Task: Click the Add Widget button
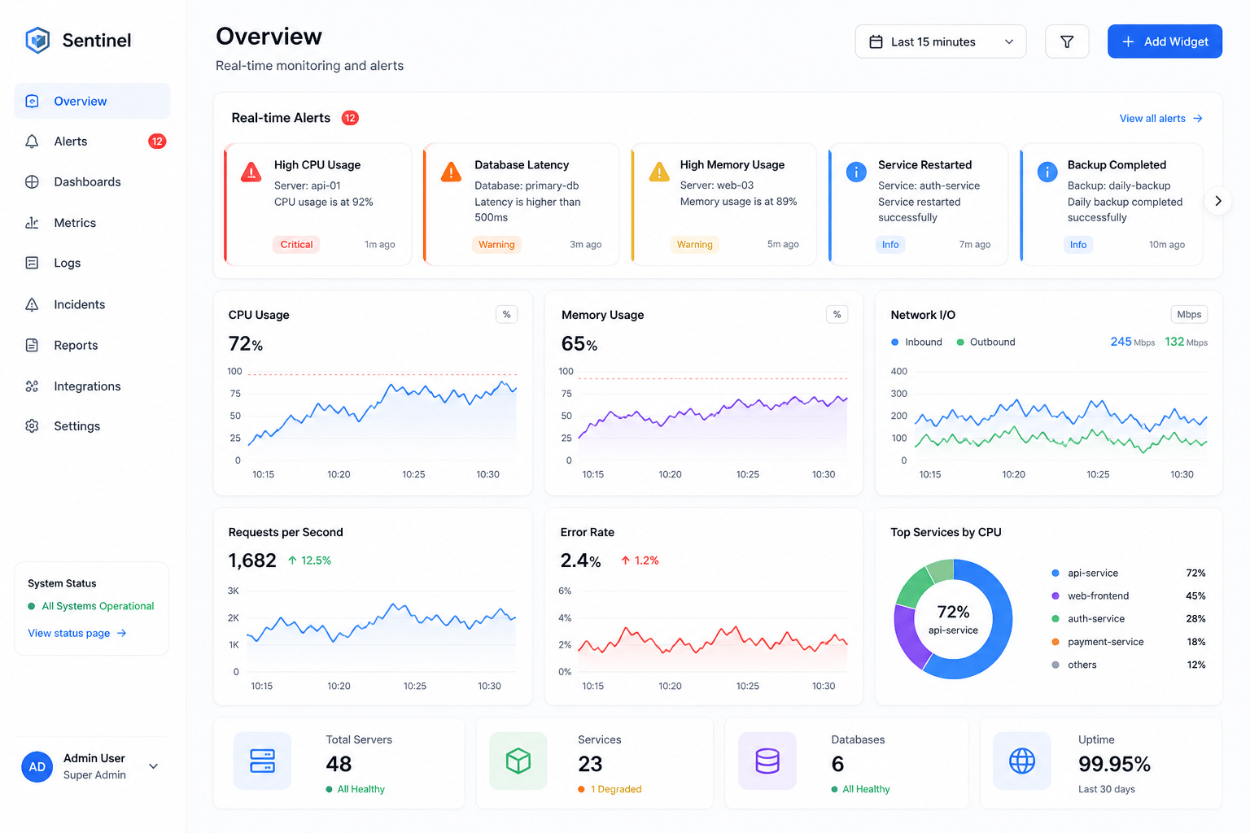[x=1165, y=41]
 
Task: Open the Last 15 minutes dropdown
[x=940, y=41]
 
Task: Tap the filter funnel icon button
[x=1067, y=41]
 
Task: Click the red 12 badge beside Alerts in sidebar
[x=157, y=142]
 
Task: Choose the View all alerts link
[x=1160, y=118]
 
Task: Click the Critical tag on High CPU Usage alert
[x=296, y=244]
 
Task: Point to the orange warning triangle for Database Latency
[x=451, y=172]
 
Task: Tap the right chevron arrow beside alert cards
[x=1218, y=201]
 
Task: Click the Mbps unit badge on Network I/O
[x=1189, y=314]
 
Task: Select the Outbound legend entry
[x=986, y=342]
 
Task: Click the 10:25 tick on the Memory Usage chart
[x=747, y=474]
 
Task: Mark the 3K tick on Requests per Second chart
[x=234, y=591]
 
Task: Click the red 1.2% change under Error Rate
[x=640, y=560]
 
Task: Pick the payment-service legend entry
[x=1097, y=642]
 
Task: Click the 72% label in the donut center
[x=953, y=612]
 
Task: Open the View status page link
[x=77, y=633]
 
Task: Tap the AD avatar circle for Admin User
[x=37, y=766]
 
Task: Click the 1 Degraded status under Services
[x=610, y=789]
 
